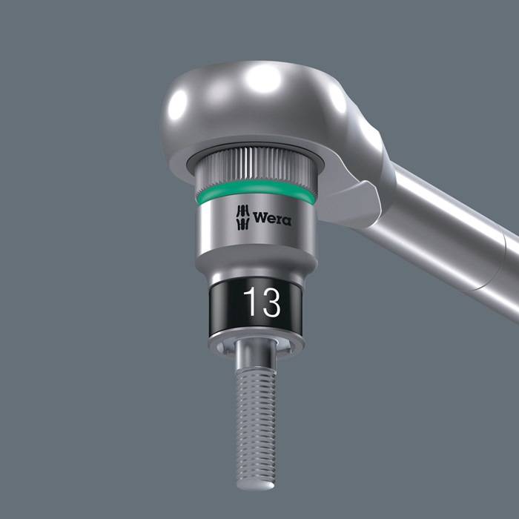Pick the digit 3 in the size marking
[269, 303]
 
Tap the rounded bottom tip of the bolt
[256, 483]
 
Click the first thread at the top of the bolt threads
[256, 373]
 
